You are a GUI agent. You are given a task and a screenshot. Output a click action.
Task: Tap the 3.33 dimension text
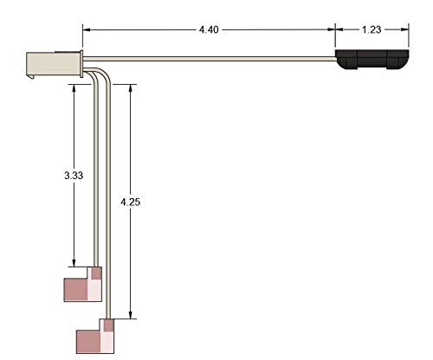point(74,175)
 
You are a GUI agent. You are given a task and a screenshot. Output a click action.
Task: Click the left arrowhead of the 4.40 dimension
point(87,29)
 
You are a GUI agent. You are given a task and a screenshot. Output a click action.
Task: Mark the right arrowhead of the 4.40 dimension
point(332,29)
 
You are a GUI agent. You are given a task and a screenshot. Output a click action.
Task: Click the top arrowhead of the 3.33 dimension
point(74,87)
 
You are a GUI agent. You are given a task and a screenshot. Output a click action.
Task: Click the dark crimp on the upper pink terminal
point(96,273)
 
